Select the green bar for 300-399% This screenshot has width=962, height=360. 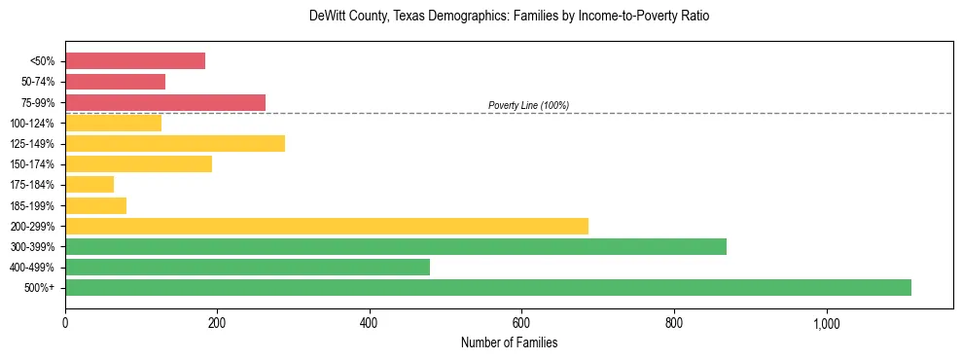point(396,246)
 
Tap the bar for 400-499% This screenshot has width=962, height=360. point(247,267)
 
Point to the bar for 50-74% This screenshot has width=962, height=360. point(115,82)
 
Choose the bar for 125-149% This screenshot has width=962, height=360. point(175,144)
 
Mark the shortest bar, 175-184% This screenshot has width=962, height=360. point(89,185)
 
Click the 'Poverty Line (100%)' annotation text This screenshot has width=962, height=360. point(528,105)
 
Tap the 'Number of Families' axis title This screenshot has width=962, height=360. point(509,342)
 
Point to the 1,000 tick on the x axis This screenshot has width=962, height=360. point(826,322)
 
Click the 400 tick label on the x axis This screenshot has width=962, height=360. point(369,322)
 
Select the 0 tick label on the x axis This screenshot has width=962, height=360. point(65,322)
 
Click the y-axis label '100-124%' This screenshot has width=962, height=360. point(33,124)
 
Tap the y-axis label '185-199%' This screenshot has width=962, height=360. point(33,205)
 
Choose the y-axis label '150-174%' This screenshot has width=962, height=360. point(33,164)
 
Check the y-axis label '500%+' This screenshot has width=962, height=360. point(40,288)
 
